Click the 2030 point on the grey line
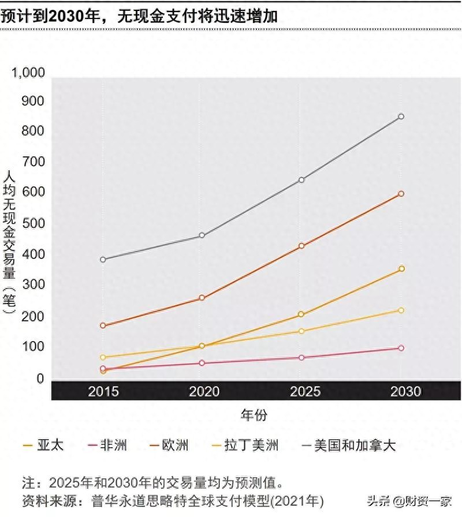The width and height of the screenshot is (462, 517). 401,117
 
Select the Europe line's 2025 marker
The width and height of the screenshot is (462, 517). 301,246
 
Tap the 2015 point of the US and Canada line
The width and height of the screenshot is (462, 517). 103,260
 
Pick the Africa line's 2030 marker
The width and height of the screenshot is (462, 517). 401,348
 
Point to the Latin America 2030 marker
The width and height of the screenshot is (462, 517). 401,310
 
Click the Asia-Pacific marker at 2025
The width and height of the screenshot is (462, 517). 301,314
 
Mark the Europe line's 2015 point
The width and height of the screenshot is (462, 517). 103,325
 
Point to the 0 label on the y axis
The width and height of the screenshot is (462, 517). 40,379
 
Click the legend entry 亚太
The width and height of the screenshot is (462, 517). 42,445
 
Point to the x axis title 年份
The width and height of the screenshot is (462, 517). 254,414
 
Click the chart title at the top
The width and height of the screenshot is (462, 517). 139,16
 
